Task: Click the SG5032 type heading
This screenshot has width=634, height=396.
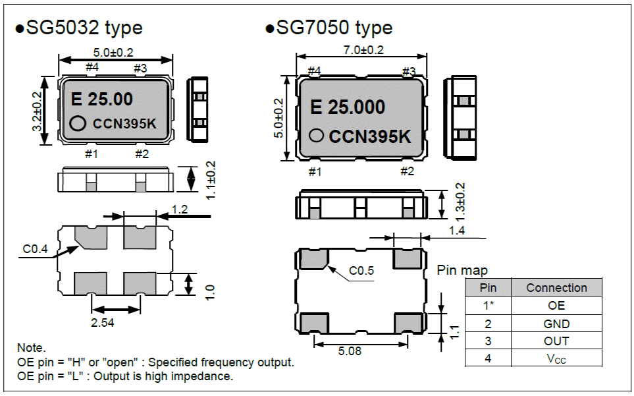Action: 79,28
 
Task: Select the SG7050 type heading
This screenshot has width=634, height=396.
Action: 329,28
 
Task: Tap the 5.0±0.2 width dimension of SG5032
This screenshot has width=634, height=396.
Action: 114,52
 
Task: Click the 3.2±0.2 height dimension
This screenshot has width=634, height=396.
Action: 38,111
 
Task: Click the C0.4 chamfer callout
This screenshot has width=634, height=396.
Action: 34,249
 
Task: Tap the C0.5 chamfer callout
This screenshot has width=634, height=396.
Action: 361,270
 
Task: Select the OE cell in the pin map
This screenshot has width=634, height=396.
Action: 556,306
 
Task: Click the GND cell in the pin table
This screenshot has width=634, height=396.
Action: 556,324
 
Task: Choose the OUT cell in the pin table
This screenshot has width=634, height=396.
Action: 556,341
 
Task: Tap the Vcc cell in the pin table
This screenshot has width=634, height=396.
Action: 556,359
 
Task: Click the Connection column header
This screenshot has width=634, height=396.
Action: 556,288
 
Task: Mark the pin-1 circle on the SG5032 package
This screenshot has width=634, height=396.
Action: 78,123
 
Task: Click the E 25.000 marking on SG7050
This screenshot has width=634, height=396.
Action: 347,108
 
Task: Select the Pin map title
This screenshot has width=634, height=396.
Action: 462,271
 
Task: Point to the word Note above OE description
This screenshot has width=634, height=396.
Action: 31,348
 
